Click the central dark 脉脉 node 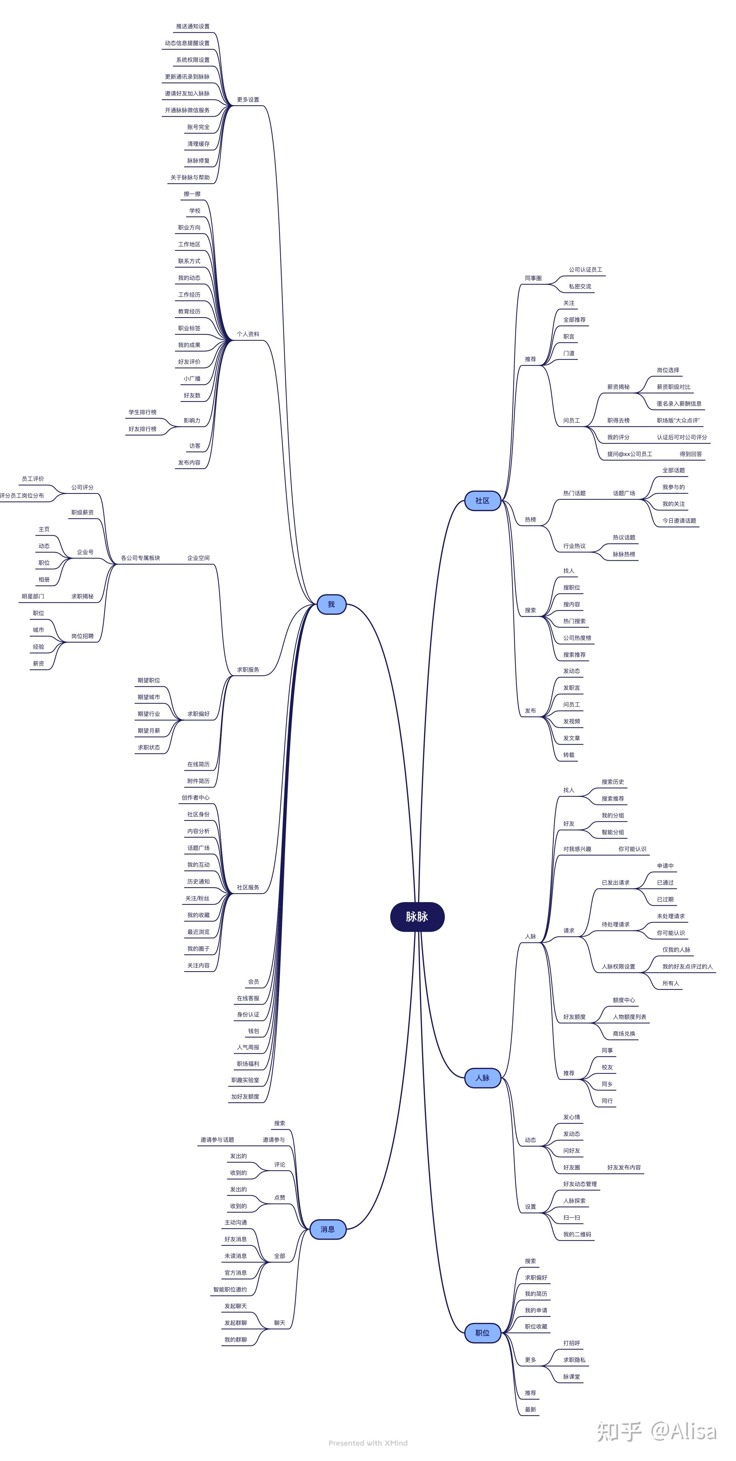coord(417,917)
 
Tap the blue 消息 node coord(327,1229)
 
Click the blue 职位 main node coord(482,1333)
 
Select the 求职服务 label coord(248,670)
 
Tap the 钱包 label coord(254,1031)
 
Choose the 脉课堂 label coord(571,1377)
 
